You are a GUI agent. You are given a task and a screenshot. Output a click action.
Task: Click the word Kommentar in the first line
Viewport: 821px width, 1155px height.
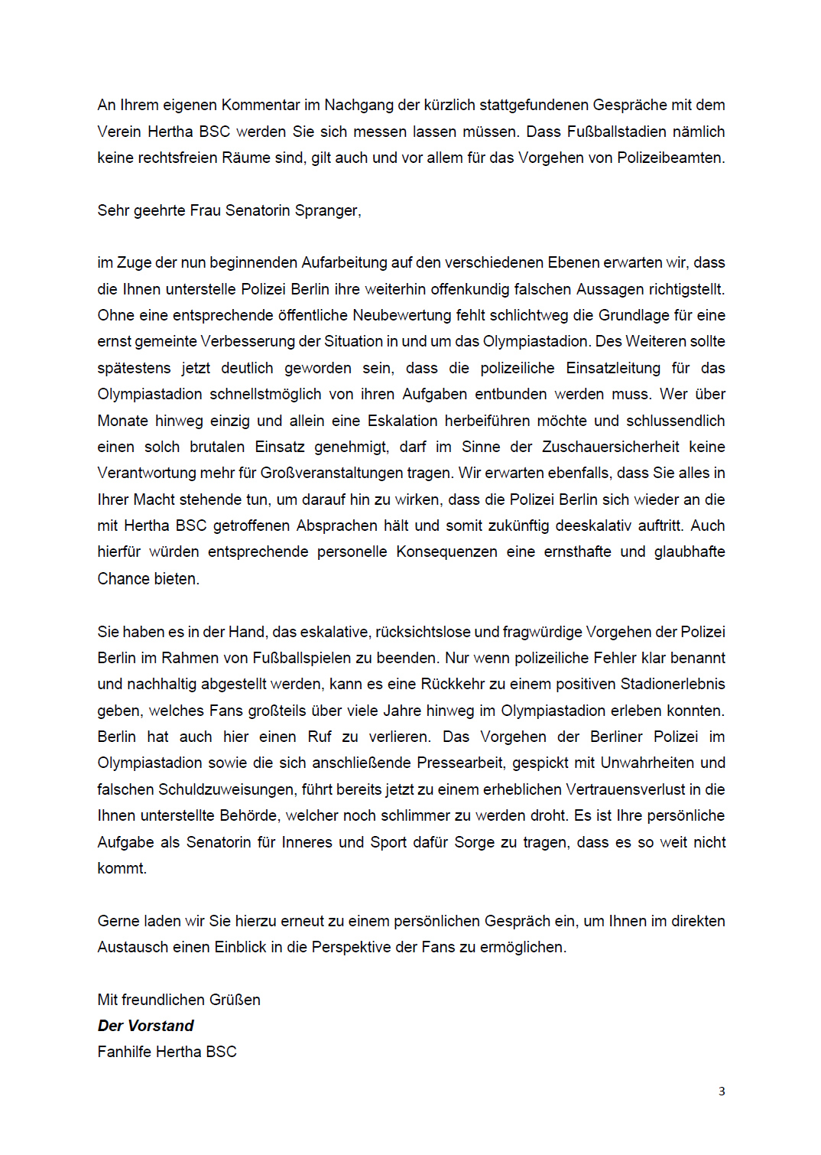tap(261, 105)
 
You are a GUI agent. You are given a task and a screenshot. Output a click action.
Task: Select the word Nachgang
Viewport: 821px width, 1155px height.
tap(359, 105)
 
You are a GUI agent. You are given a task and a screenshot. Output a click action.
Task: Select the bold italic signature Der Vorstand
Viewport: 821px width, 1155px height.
tap(145, 1026)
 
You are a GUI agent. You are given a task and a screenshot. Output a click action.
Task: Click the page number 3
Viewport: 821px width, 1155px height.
tap(722, 1092)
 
